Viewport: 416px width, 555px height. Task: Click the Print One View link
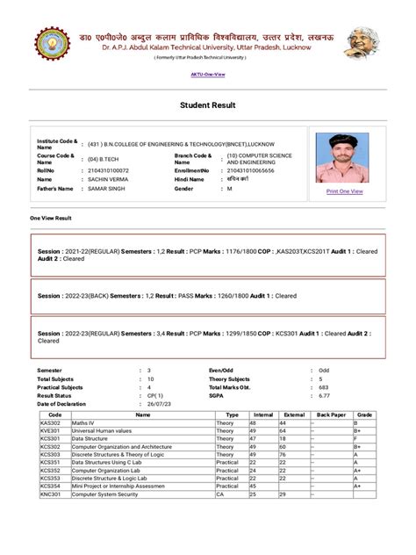[x=344, y=191]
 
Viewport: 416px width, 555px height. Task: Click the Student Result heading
[x=207, y=105]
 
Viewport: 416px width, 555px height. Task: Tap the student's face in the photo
[x=344, y=147]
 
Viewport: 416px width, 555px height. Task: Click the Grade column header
[x=365, y=413]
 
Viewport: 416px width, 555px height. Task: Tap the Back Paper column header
[x=331, y=413]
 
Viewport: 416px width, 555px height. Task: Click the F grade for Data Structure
[x=355, y=440]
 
